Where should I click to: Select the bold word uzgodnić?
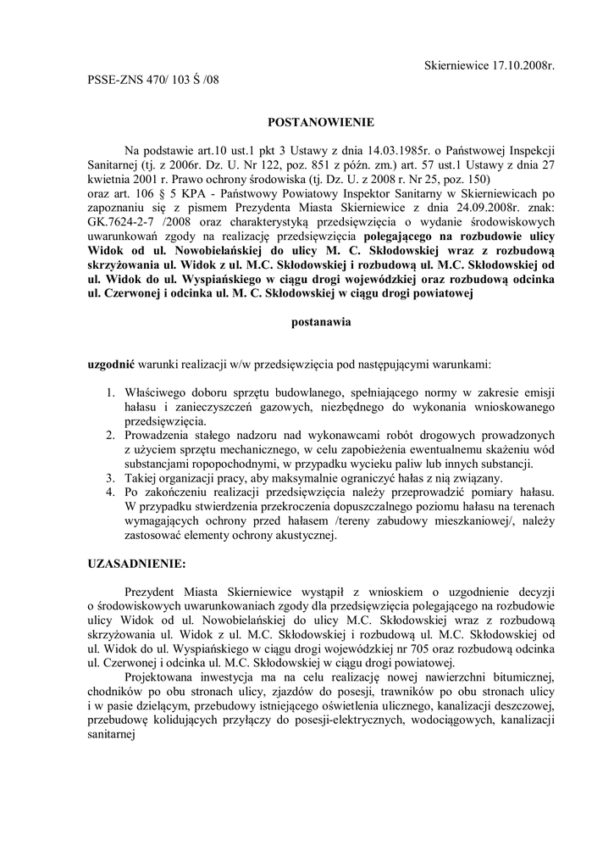[x=111, y=364]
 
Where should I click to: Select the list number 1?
[x=111, y=393]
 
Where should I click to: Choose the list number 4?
[x=111, y=492]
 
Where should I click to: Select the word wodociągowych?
[x=453, y=721]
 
